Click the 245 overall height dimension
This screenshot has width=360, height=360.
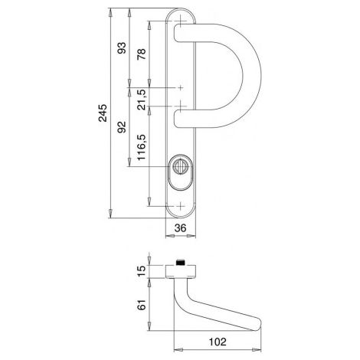[x=103, y=113]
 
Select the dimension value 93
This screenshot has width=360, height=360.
[x=122, y=47]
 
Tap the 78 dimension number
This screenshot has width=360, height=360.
[x=141, y=54]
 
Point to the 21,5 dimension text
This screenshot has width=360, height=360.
[x=141, y=100]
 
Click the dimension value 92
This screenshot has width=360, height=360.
[x=122, y=127]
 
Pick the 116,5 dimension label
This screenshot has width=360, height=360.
[x=141, y=148]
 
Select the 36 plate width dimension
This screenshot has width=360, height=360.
[x=180, y=228]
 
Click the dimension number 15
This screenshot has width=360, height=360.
[x=141, y=271]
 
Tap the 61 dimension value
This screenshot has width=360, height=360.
[x=141, y=305]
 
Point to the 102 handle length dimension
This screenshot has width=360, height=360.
[x=218, y=342]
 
